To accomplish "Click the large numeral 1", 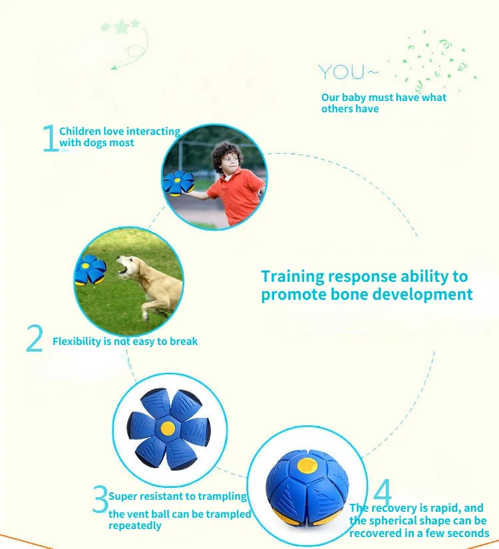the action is pos(51,138).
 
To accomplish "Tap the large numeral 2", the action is pos(35,338).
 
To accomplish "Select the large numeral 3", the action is pos(100,499).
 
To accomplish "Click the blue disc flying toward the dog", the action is pos(90,269).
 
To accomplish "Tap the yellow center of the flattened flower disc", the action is pos(168,428).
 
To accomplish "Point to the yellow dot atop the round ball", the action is pos(307,466).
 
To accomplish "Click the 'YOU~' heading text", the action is pos(349,72).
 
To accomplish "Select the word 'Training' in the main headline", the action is pos(293,277).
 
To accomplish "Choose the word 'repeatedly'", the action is pos(135,526).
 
